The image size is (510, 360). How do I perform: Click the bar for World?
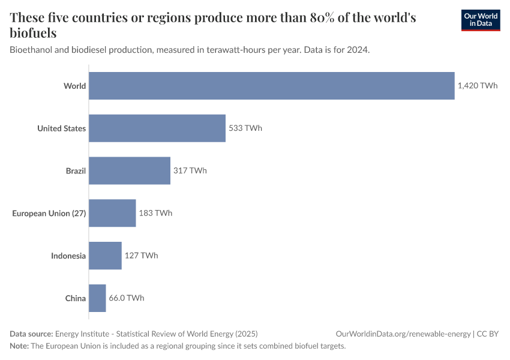click(x=272, y=86)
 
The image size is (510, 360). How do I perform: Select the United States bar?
click(x=157, y=128)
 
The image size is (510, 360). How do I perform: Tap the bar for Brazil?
click(x=130, y=171)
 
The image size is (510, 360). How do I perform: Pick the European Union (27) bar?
click(x=112, y=213)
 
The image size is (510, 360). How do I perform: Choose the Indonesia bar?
click(x=105, y=256)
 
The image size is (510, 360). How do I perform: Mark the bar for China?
click(x=97, y=298)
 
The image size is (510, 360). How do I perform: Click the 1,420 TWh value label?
click(x=478, y=86)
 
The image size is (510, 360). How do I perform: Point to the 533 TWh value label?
click(x=245, y=128)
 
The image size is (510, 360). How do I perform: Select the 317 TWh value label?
click(x=190, y=171)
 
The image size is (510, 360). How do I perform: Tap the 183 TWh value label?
click(x=155, y=213)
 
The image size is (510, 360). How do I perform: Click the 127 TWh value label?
click(x=141, y=256)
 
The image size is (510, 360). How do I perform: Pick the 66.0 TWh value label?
click(x=126, y=298)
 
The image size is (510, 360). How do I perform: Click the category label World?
click(x=75, y=86)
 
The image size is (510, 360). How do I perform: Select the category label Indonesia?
click(x=68, y=256)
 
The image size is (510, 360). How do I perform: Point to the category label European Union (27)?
click(x=49, y=213)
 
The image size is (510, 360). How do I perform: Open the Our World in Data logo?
click(x=481, y=20)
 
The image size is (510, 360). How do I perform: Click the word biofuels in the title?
click(x=34, y=33)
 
